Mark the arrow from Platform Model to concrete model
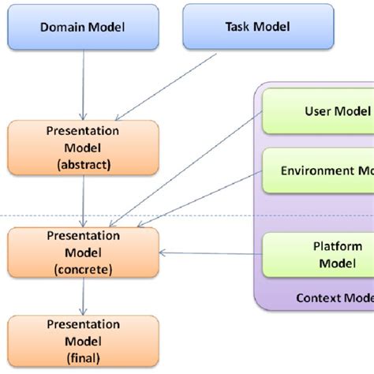(209, 253)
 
